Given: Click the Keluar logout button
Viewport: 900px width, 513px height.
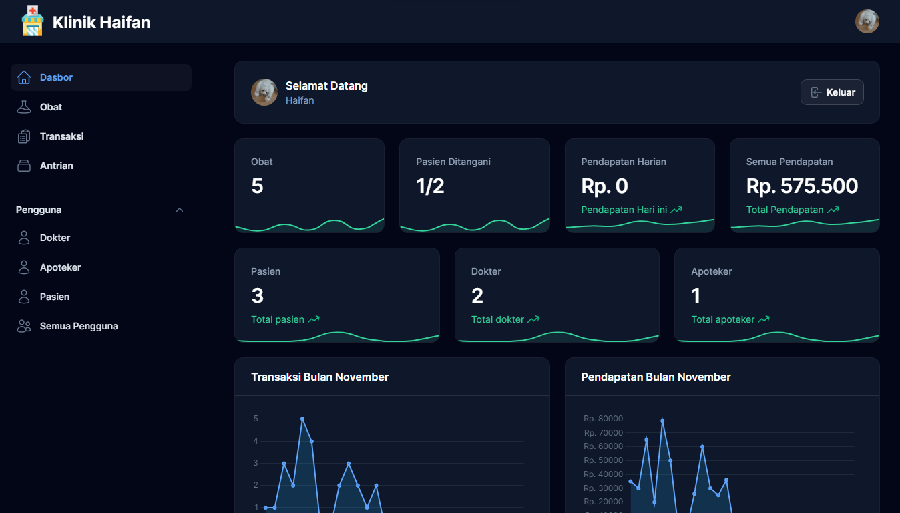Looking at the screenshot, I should point(832,92).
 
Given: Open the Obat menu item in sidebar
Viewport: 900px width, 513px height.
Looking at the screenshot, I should point(51,107).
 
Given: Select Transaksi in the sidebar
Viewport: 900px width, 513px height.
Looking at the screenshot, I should point(61,136).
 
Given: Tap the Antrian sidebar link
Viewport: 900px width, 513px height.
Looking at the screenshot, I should point(56,166).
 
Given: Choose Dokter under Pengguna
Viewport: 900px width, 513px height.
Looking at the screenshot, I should point(55,238).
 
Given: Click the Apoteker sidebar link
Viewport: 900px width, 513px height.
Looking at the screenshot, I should point(60,267).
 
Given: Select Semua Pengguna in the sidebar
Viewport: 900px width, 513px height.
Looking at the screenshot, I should point(79,326).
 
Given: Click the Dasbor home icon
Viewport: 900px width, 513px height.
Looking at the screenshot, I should point(24,77).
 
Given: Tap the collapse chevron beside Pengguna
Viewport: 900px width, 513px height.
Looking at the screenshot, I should point(179,210).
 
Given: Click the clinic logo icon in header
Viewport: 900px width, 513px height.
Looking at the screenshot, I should point(32,21).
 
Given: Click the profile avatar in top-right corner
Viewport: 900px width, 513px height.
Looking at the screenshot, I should point(867,21).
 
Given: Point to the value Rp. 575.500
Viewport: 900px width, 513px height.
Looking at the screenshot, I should point(802,186).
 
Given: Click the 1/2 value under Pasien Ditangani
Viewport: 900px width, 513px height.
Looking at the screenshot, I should point(430,186).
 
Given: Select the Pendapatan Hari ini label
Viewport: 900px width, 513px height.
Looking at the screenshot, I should point(624,210).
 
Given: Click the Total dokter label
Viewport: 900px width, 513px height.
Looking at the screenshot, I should point(497,319).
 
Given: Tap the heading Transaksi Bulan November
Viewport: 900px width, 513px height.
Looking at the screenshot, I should point(320,377).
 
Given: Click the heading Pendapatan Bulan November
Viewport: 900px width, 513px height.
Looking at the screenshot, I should point(656,377).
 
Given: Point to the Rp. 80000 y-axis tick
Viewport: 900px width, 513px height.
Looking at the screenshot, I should point(603,419).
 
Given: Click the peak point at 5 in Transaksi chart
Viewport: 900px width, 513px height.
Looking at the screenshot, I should point(302,419).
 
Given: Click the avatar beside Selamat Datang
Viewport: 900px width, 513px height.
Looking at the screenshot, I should point(264,92).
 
